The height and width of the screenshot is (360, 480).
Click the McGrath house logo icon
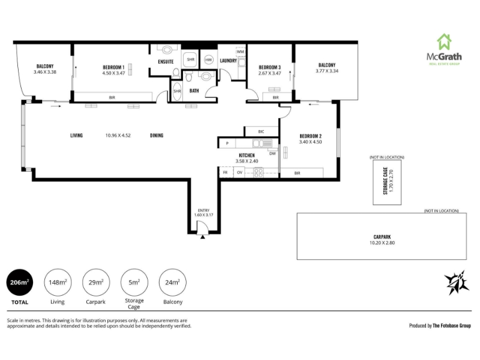[444, 41]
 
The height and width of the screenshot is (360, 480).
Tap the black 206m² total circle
[20, 282]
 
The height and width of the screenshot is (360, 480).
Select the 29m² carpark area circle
[96, 282]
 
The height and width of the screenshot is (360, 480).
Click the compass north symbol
[457, 283]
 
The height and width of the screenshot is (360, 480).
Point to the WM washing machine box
[241, 52]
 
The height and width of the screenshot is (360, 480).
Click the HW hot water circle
[208, 59]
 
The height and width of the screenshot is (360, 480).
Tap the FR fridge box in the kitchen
[226, 172]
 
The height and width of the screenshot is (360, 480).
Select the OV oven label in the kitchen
[239, 173]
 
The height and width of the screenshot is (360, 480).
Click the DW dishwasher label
[272, 154]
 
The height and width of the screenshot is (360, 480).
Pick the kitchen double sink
[262, 143]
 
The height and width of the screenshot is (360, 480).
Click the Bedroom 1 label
[113, 67]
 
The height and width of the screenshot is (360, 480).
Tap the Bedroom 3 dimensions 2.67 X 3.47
[269, 73]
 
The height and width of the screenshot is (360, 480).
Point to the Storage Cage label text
[385, 181]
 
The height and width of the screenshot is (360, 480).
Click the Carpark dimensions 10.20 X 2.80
[382, 243]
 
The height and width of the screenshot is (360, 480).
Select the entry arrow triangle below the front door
[203, 236]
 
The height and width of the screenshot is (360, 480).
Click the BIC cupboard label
[261, 131]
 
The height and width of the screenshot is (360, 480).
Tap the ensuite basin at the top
[167, 50]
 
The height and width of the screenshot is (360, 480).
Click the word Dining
[157, 136]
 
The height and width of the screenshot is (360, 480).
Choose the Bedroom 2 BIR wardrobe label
[297, 173]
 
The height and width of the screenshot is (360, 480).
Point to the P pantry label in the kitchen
[227, 143]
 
